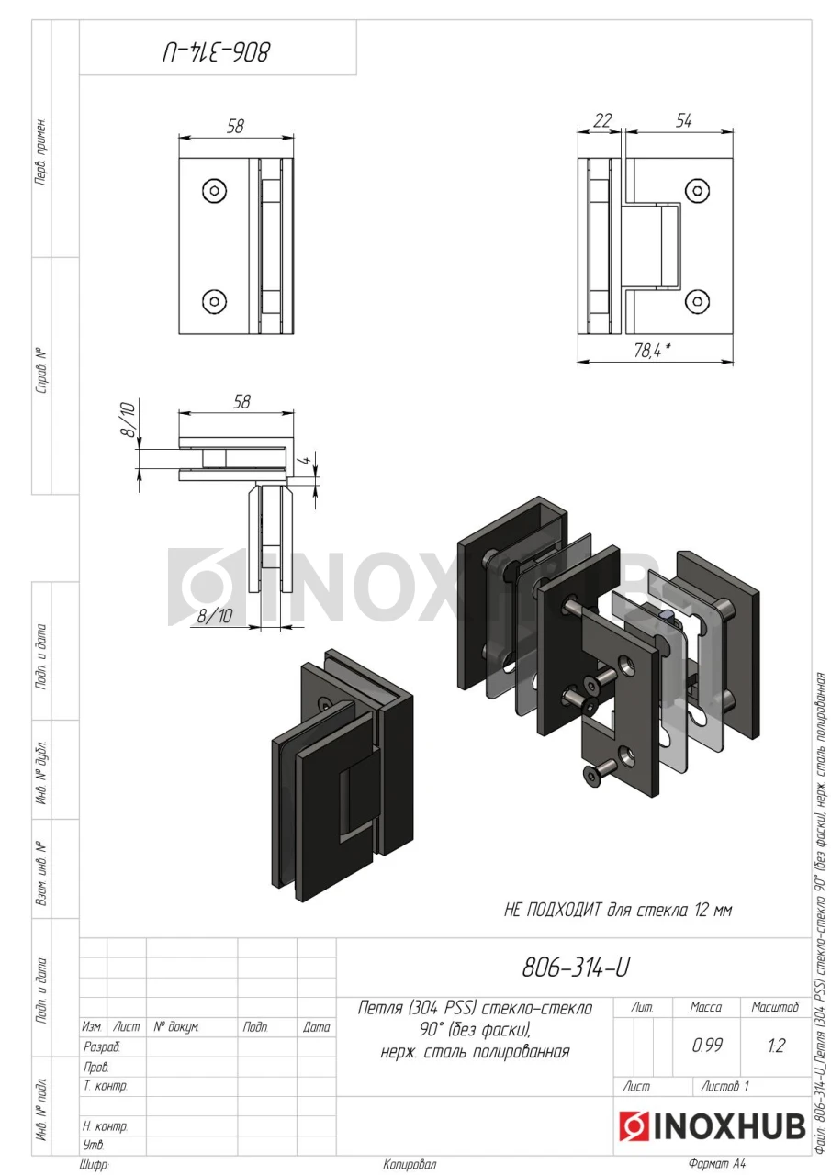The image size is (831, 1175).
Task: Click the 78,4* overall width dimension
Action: click(x=652, y=350)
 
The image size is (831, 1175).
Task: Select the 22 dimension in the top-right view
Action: click(x=601, y=121)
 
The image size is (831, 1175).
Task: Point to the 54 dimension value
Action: click(x=683, y=121)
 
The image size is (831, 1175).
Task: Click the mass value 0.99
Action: click(x=707, y=1045)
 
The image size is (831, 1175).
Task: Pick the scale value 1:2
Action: click(x=775, y=1046)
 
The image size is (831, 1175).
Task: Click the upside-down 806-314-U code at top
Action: click(x=216, y=53)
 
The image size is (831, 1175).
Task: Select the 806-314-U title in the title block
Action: click(x=576, y=968)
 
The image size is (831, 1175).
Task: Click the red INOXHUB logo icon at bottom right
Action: click(x=634, y=1125)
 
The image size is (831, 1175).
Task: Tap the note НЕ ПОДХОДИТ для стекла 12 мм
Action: click(x=617, y=910)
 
